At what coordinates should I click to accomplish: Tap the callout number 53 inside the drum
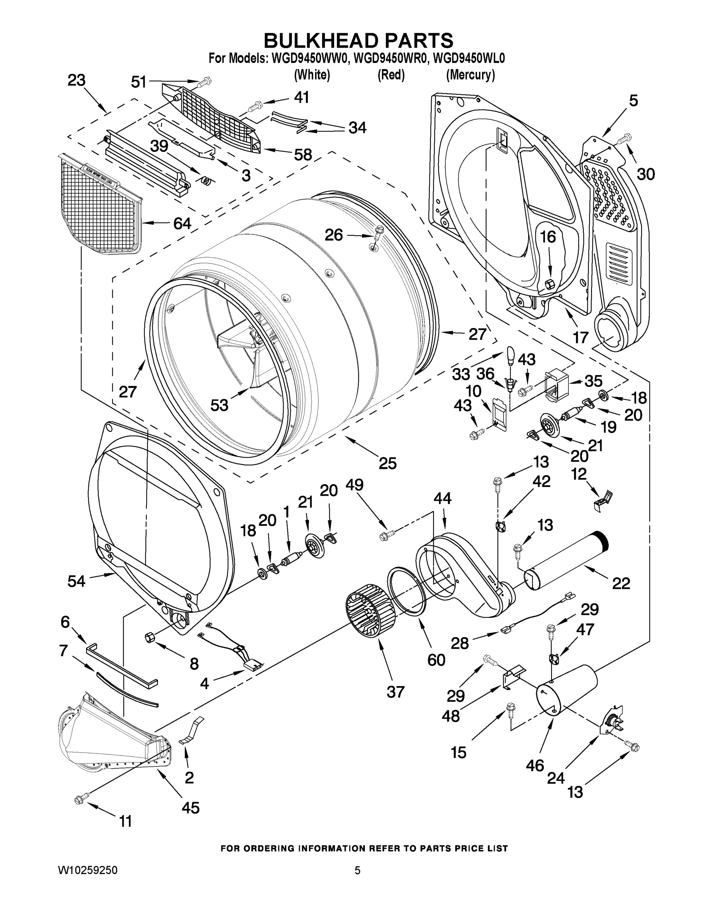[x=219, y=405]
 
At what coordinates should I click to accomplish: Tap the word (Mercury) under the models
[x=470, y=75]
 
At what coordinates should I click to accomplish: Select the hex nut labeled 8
[x=150, y=636]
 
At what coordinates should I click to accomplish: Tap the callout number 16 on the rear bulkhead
[x=548, y=237]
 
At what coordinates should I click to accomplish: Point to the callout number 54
[x=76, y=581]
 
